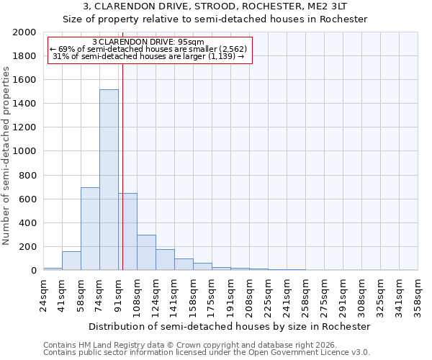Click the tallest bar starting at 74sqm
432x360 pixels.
[109, 180]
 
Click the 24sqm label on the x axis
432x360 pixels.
[44, 294]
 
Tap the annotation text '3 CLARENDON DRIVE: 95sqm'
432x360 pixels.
[149, 42]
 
